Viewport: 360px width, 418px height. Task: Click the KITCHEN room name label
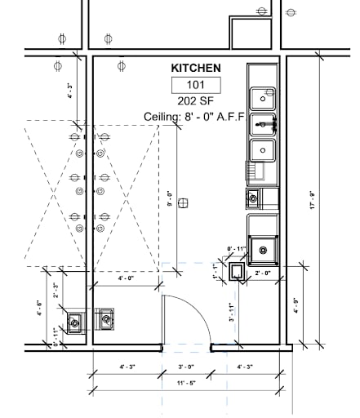[x=194, y=69]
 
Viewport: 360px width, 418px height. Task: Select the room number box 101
[x=194, y=84]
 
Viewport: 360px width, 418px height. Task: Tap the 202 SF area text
[x=194, y=100]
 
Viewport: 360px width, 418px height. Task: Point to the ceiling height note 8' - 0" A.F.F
[x=194, y=117]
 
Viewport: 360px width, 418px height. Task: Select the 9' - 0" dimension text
[x=170, y=198]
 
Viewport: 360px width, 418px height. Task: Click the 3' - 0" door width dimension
[x=187, y=367]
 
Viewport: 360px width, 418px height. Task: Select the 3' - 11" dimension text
[x=232, y=312]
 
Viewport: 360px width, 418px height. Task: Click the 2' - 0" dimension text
[x=261, y=273]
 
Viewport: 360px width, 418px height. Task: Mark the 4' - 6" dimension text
[x=39, y=309]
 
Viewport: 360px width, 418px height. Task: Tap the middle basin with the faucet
[x=263, y=124]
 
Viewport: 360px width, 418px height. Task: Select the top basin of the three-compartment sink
[x=263, y=97]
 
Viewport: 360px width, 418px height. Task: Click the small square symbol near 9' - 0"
[x=184, y=202]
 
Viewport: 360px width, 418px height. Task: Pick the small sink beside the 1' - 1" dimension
[x=237, y=272]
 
